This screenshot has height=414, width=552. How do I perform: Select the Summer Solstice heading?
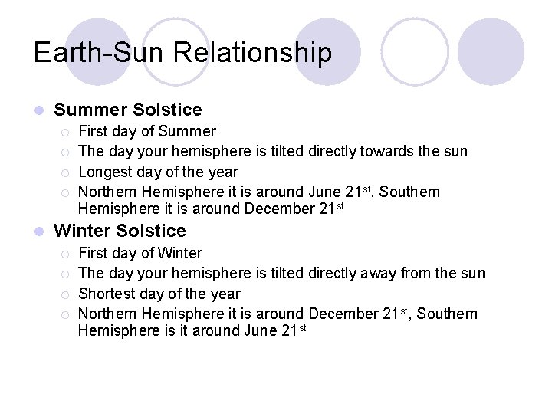(x=128, y=110)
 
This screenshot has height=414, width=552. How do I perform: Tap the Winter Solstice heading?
(x=120, y=231)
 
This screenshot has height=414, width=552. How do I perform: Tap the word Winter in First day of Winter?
(x=179, y=253)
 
